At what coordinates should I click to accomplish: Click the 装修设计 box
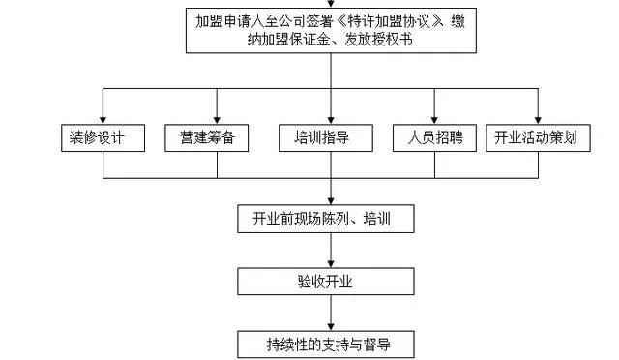coord(103,138)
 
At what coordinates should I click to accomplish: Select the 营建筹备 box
coord(206,138)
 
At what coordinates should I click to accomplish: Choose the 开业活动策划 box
coord(536,138)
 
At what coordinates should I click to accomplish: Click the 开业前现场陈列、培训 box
coord(328,220)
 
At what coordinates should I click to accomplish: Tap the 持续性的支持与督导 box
coord(329,343)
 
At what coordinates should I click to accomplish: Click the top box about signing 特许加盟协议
coord(329,31)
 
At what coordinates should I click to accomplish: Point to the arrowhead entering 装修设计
coord(103,118)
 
